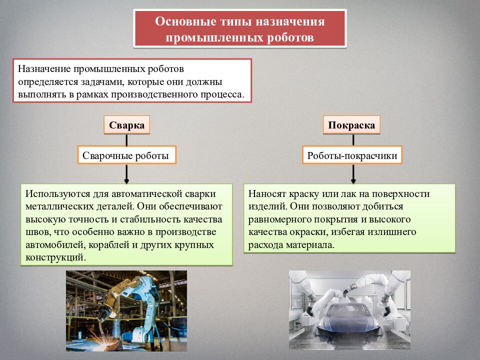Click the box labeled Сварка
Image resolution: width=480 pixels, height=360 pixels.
coord(127,125)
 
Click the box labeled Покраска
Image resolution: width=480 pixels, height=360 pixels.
coord(352,125)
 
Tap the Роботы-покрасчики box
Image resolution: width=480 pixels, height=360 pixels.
coord(352,155)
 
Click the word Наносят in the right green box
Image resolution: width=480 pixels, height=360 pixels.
coord(265,193)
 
